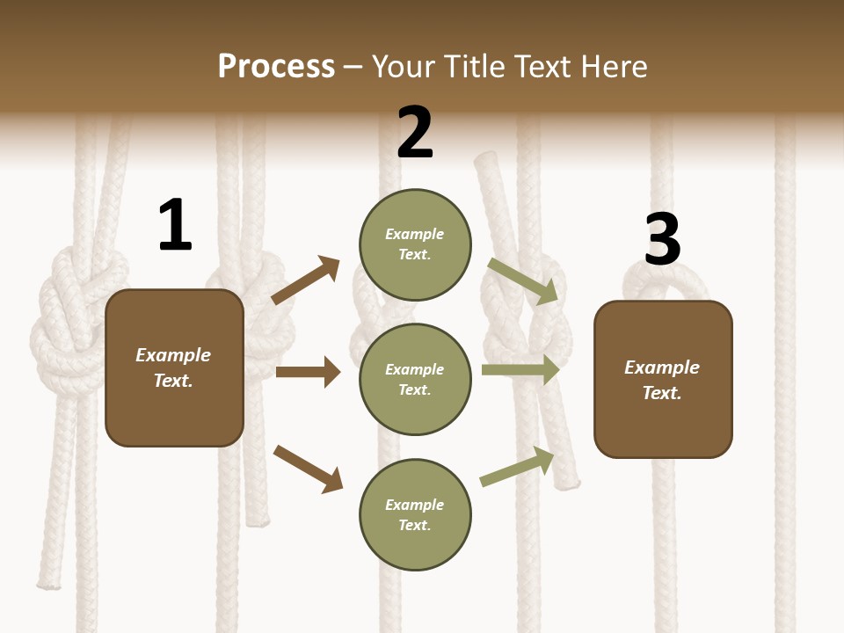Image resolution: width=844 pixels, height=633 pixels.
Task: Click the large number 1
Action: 175,225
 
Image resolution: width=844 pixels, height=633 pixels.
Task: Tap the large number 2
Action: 415,133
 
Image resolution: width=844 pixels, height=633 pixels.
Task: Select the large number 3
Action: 662,239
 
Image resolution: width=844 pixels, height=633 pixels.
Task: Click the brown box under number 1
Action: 174,367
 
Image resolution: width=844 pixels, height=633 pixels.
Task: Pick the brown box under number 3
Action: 663,379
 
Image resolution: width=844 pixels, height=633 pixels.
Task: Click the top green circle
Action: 415,244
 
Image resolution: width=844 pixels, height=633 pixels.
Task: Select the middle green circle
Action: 415,379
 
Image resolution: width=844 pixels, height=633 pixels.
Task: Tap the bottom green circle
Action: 415,514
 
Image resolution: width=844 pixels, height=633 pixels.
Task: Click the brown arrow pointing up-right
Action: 306,280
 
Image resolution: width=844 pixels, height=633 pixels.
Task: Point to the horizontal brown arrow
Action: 308,372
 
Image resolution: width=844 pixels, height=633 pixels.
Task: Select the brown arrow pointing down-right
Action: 308,469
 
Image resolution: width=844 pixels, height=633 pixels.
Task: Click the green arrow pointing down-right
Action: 523,281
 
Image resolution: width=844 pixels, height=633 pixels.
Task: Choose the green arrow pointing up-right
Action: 518,466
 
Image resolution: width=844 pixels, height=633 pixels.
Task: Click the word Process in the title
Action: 276,66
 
